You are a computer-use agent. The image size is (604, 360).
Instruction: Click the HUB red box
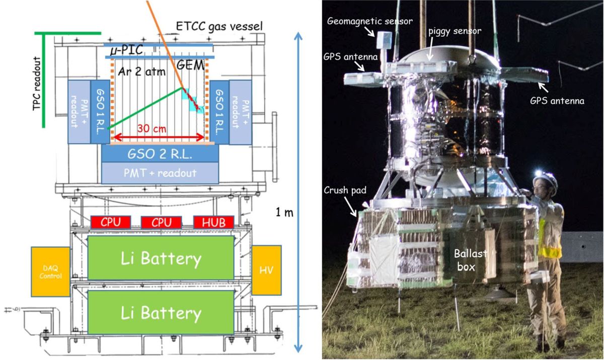point(213,222)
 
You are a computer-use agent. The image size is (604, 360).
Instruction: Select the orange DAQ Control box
point(50,271)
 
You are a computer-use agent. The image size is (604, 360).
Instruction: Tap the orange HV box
point(266,271)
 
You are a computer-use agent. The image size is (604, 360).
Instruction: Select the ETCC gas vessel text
point(220,26)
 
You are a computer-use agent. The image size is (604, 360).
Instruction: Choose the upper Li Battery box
point(161,258)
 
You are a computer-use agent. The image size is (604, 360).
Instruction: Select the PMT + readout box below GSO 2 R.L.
point(160,173)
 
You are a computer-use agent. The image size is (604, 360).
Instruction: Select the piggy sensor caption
point(455,31)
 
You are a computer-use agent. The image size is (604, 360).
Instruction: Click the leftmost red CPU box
point(111,222)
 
